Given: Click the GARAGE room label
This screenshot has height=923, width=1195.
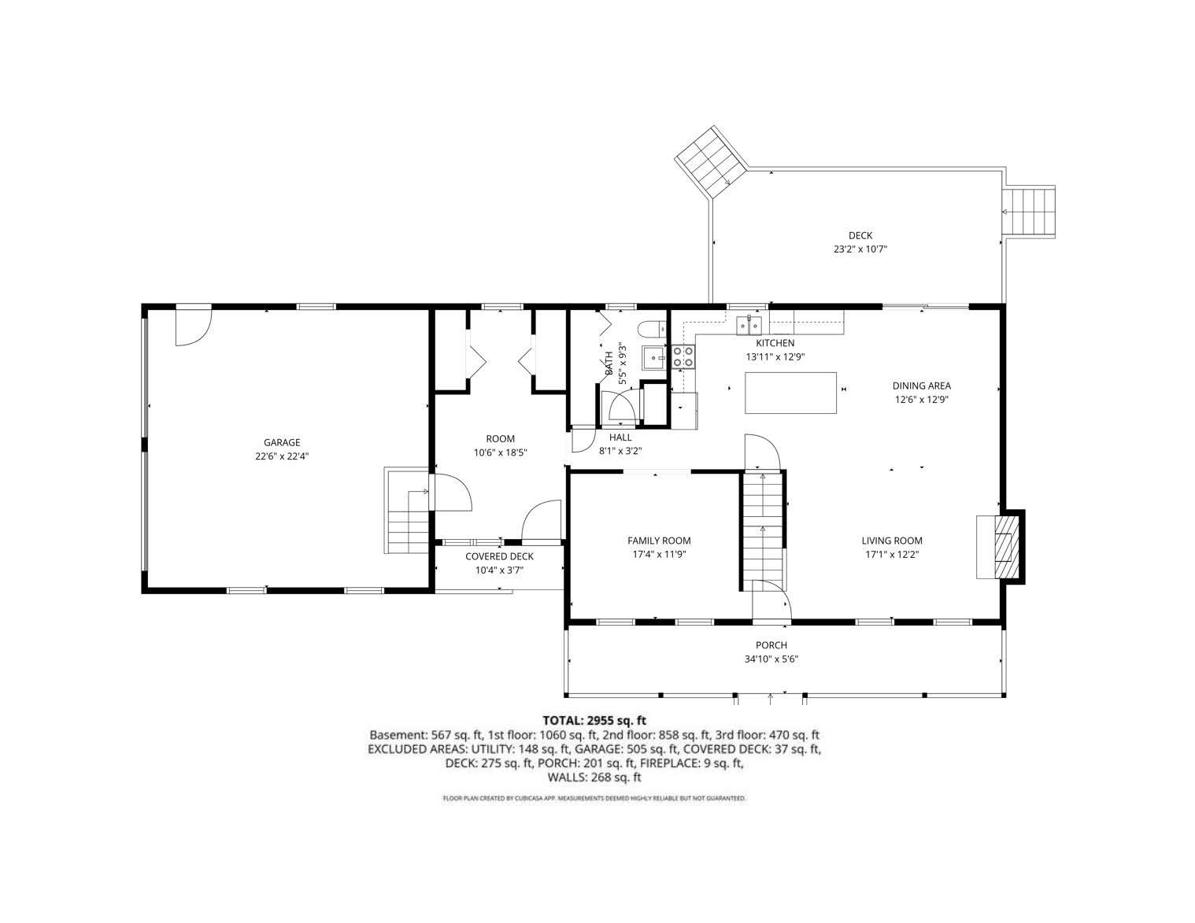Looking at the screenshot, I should click(281, 442).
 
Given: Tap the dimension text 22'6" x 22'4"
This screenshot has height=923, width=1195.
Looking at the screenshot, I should click(281, 456).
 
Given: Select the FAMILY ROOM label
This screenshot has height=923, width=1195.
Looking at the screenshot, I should click(658, 540).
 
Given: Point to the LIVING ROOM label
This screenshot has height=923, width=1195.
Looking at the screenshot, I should click(891, 540).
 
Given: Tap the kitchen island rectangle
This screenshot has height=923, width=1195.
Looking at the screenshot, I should click(791, 393).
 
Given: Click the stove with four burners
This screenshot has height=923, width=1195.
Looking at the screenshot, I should click(683, 357).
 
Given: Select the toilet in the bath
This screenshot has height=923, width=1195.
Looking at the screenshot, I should click(649, 328).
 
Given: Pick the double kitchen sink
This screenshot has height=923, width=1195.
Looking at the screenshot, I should click(748, 324).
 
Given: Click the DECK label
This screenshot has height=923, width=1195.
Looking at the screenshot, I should click(860, 235).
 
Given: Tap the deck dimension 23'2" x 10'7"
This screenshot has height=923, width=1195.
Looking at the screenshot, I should click(860, 249).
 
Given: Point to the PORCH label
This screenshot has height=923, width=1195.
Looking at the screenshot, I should click(771, 645).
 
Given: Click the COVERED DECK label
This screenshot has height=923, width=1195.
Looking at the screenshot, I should click(499, 556).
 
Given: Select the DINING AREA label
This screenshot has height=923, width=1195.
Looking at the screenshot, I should click(921, 386).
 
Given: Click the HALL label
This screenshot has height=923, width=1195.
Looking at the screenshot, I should click(620, 438).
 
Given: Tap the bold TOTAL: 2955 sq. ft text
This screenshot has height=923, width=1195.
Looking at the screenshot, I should click(594, 720).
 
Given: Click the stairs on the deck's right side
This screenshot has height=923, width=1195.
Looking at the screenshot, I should click(1029, 212).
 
